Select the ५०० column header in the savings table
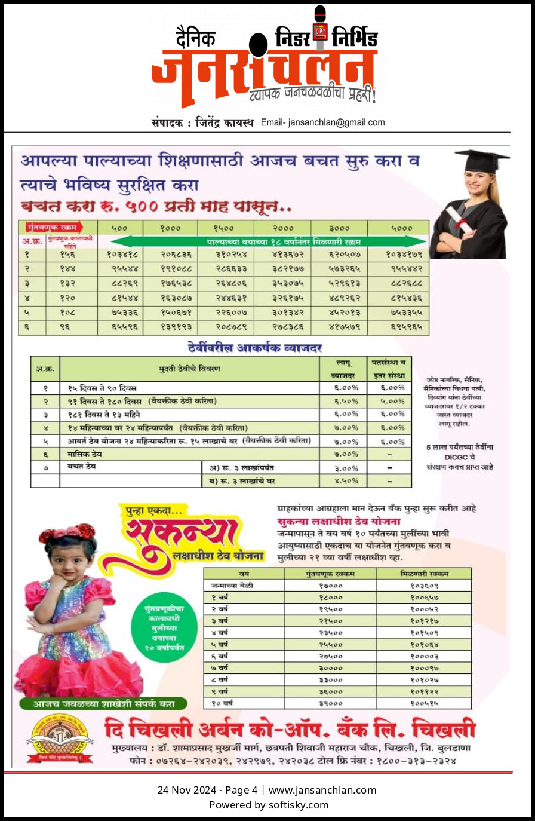coord(119,228)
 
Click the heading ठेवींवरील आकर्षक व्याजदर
coord(255,348)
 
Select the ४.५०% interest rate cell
coord(346,480)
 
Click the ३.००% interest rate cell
coord(346,468)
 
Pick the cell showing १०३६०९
coord(424,586)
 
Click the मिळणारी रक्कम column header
coord(424,574)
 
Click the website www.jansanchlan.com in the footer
coord(322,790)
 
